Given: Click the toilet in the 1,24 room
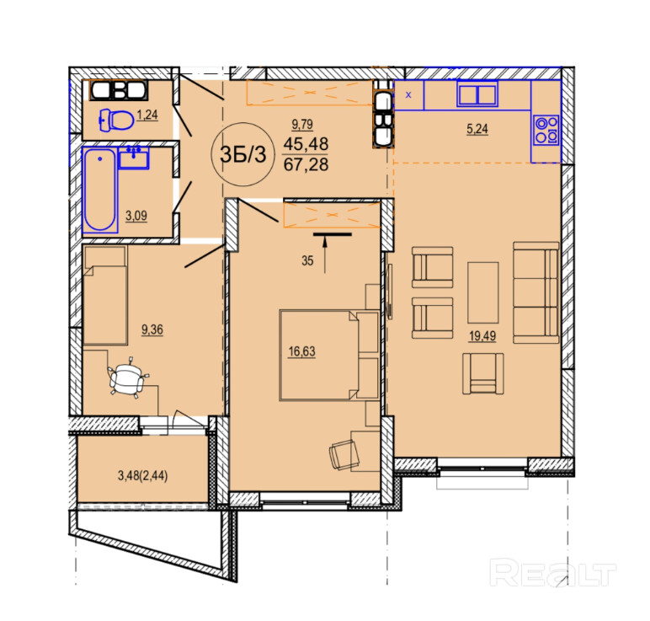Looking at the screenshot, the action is coord(116,120).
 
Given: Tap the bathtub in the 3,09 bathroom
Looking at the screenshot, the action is coord(100,190).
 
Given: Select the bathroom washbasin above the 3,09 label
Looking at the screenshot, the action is coord(134,158).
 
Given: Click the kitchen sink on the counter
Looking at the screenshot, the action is coord(477,94).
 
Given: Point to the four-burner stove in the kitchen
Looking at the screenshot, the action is coord(546,130).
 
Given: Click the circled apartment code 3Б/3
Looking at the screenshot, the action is coord(243,154).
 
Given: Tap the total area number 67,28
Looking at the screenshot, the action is coord(306,164).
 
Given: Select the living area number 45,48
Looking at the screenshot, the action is coord(306,144).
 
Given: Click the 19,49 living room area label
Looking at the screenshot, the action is coord(482,336).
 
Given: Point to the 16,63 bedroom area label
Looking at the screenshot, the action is coord(301,351).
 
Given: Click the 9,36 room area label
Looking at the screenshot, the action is coord(152,329).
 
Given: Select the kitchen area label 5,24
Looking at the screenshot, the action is coord(477,129).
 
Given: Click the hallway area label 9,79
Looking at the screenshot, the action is coord(302,124).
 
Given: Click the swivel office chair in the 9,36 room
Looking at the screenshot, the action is coord(126,377).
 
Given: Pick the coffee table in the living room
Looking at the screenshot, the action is coord(483,292).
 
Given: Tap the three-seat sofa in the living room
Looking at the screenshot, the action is coord(536,293).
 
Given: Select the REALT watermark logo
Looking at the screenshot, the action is coord(552,572).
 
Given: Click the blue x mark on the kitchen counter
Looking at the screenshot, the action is coord(408,95).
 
